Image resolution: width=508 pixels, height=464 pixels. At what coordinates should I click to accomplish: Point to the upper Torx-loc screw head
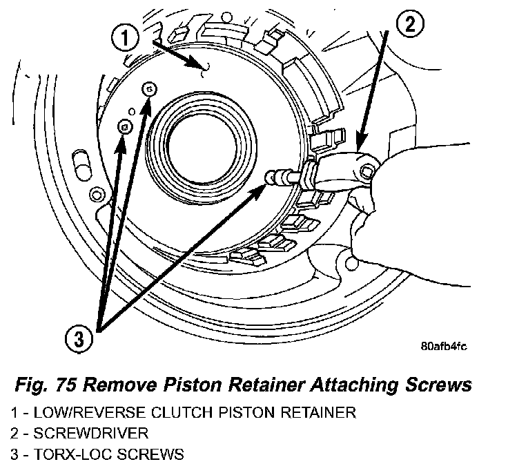click(x=150, y=88)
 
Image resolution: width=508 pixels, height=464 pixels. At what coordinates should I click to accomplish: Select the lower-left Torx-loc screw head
click(x=125, y=126)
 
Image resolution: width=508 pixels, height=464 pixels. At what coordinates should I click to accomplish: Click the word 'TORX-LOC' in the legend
click(x=70, y=454)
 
